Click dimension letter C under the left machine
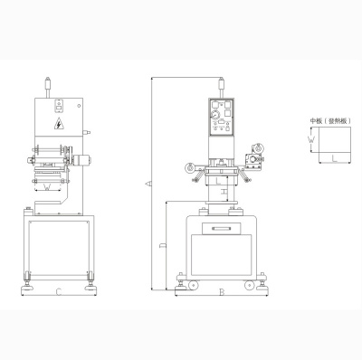57,291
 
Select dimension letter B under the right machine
221,291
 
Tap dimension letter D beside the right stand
161,245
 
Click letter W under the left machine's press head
47,188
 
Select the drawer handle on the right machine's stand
221,231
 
